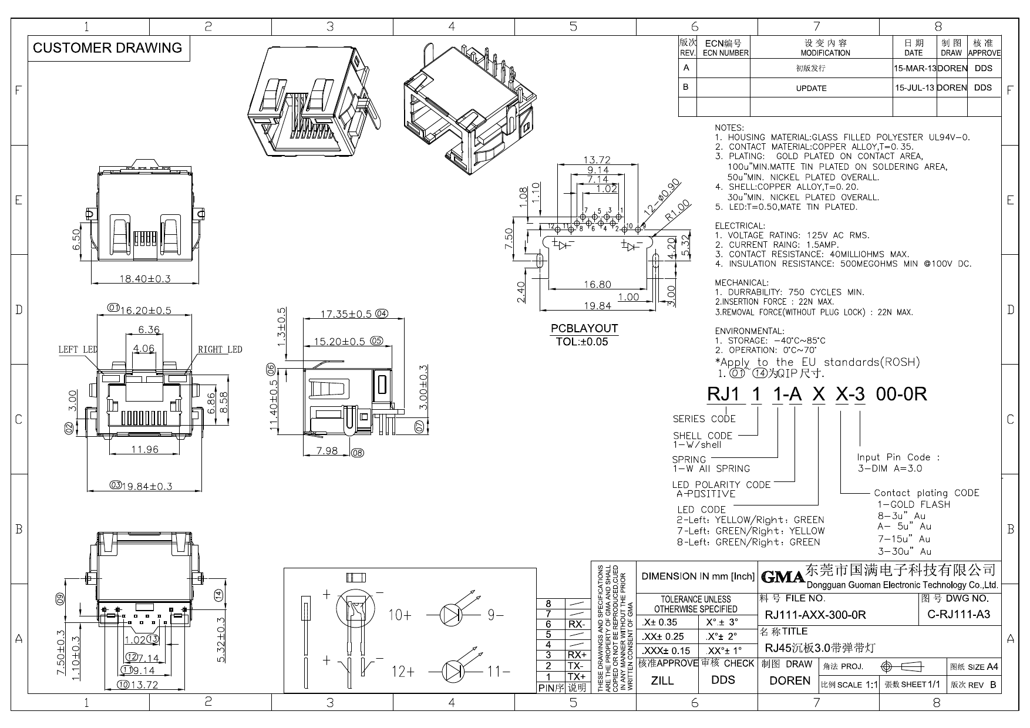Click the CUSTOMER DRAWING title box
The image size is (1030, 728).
[x=107, y=48]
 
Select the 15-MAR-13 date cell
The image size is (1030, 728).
[x=914, y=68]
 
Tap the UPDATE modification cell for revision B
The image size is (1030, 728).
[x=811, y=88]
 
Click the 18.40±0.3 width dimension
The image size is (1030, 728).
[x=144, y=278]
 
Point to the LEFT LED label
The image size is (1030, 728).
[x=78, y=350]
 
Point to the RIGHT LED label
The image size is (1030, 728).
[x=220, y=350]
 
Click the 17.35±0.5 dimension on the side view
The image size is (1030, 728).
[x=346, y=314]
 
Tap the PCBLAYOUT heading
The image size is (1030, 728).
[x=584, y=328]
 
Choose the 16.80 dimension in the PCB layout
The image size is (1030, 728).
[x=597, y=285]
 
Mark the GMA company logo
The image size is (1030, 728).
[x=782, y=578]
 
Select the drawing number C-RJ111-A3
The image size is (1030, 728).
[x=958, y=614]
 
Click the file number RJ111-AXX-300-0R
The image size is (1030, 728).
[x=815, y=615]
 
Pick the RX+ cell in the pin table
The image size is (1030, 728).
[x=577, y=655]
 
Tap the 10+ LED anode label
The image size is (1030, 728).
[x=400, y=615]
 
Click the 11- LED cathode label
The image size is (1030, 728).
[x=497, y=671]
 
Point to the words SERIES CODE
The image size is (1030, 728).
[x=704, y=419]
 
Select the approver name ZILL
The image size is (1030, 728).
[x=662, y=680]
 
